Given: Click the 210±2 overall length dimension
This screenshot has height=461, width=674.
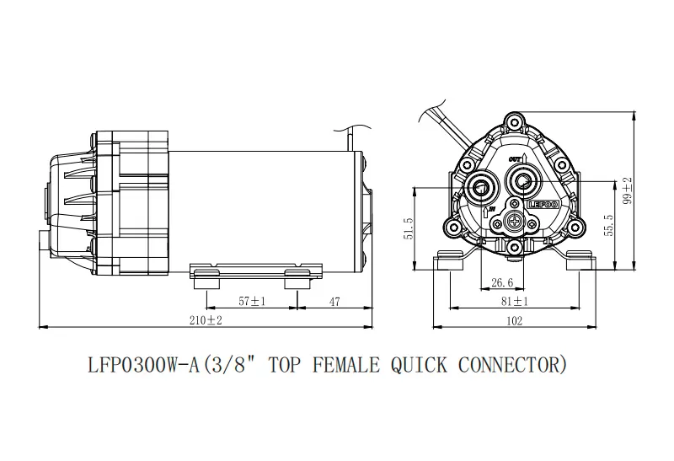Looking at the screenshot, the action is [x=206, y=320].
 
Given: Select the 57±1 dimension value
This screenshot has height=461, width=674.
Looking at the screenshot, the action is [x=252, y=301].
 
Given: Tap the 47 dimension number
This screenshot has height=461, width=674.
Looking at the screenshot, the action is [x=334, y=302].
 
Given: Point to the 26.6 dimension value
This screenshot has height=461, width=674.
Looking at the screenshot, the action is [x=502, y=282].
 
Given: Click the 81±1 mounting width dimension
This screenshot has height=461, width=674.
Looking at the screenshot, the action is [x=515, y=302].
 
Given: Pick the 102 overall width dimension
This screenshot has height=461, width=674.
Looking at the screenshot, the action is [x=515, y=321].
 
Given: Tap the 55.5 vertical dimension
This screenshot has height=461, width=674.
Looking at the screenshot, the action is [x=608, y=224].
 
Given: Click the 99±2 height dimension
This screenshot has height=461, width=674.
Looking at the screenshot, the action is [x=628, y=190].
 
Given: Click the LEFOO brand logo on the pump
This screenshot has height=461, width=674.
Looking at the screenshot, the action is [x=543, y=205].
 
